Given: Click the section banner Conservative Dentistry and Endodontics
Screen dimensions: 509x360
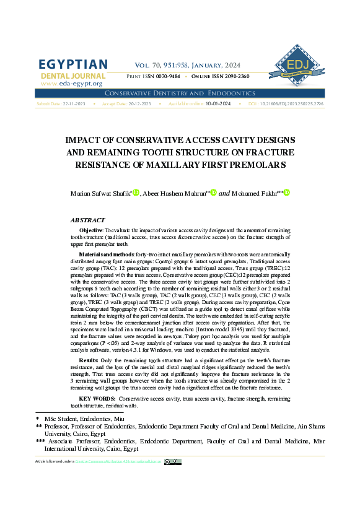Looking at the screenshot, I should click(x=180, y=93).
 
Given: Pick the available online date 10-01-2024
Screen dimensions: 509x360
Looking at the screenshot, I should click(x=218, y=104).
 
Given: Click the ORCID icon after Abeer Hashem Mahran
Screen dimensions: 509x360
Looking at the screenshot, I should click(x=214, y=193).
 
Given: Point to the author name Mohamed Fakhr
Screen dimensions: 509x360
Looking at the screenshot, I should click(x=256, y=194).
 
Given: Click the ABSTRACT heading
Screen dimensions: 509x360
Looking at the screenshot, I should click(x=87, y=220).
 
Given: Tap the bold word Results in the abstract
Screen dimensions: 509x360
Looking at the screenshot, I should click(x=89, y=360).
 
